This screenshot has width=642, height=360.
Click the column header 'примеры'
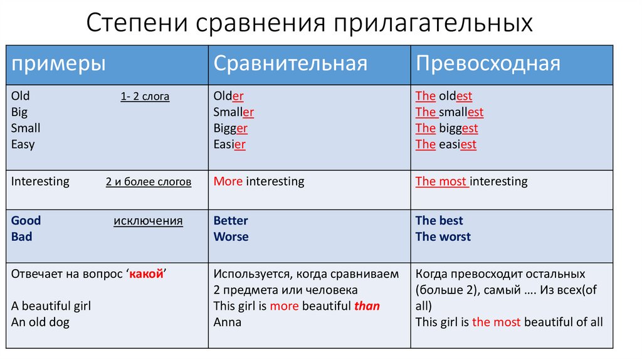coord(58,64)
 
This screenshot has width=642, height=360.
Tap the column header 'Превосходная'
coord(488,64)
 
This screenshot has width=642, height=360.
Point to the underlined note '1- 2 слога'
coord(145,97)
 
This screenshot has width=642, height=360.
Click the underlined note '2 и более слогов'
coord(149,183)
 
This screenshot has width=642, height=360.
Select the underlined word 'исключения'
coord(148,221)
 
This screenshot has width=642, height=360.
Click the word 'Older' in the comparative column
coord(228,97)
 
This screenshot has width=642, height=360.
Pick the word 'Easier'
coord(229,145)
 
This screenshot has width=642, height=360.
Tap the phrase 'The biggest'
coord(446,129)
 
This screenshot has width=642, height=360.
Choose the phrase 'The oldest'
coord(443,97)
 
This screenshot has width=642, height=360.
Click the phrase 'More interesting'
coord(258,182)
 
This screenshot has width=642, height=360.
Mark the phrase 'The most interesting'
coord(471,182)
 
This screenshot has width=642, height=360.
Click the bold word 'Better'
coord(231,221)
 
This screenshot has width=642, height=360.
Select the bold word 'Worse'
coord(231,237)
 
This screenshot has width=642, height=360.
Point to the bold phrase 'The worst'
coord(443,237)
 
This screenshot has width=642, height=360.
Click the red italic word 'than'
coord(367,306)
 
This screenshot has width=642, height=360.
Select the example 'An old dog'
coord(40,322)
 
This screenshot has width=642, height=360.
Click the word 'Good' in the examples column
coord(26,221)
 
